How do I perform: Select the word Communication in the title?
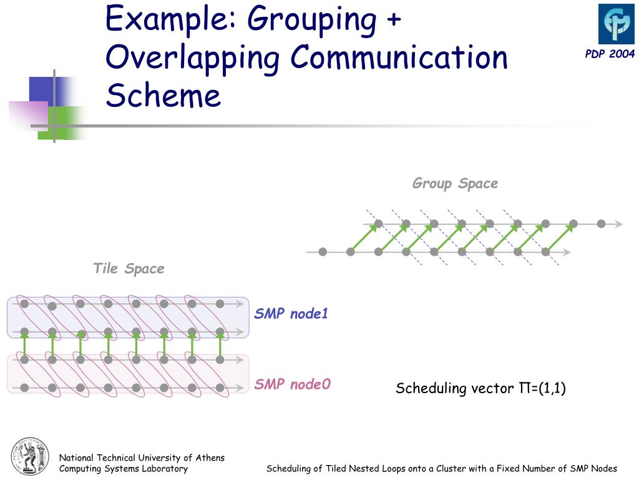(x=399, y=57)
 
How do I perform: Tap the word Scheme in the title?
(x=163, y=96)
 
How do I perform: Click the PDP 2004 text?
(x=610, y=54)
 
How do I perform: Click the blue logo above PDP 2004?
(x=617, y=24)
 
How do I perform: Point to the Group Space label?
(x=455, y=183)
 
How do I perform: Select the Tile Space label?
(x=129, y=269)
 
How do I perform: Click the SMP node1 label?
(x=291, y=314)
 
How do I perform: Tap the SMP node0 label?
(x=291, y=384)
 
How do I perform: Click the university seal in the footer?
(x=29, y=456)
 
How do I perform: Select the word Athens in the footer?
(x=210, y=457)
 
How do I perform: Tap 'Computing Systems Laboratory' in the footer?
(x=123, y=469)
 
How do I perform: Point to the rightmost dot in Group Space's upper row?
(x=601, y=224)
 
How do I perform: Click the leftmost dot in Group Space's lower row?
(x=323, y=252)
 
